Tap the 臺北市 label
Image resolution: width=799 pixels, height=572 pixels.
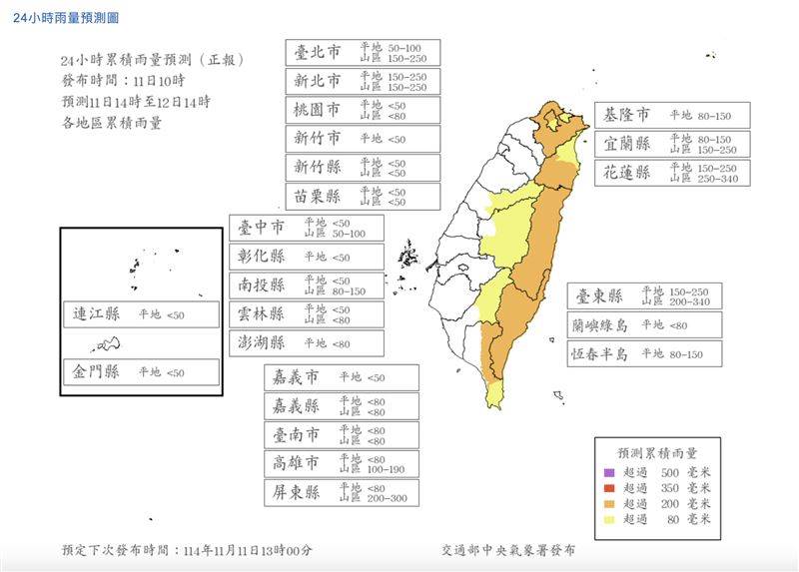(319, 53)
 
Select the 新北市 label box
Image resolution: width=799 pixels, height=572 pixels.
(319, 81)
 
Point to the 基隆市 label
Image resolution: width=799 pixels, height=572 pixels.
(625, 115)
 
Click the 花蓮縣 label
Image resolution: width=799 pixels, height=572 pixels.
(625, 172)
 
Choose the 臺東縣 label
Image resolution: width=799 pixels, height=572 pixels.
(598, 296)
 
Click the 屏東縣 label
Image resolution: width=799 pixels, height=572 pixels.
(296, 492)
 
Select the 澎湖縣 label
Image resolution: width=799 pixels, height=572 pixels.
(262, 343)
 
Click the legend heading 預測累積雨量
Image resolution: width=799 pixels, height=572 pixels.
(655, 451)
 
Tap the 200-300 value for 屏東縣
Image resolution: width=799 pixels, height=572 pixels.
(389, 498)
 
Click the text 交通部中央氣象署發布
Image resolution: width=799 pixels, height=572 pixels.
(507, 550)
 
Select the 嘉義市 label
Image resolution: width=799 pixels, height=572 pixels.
(296, 378)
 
